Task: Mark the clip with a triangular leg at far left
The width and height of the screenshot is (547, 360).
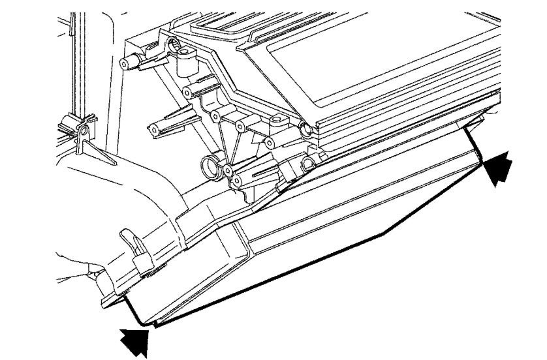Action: [80, 134]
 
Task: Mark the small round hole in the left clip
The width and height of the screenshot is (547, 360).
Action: [82, 132]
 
